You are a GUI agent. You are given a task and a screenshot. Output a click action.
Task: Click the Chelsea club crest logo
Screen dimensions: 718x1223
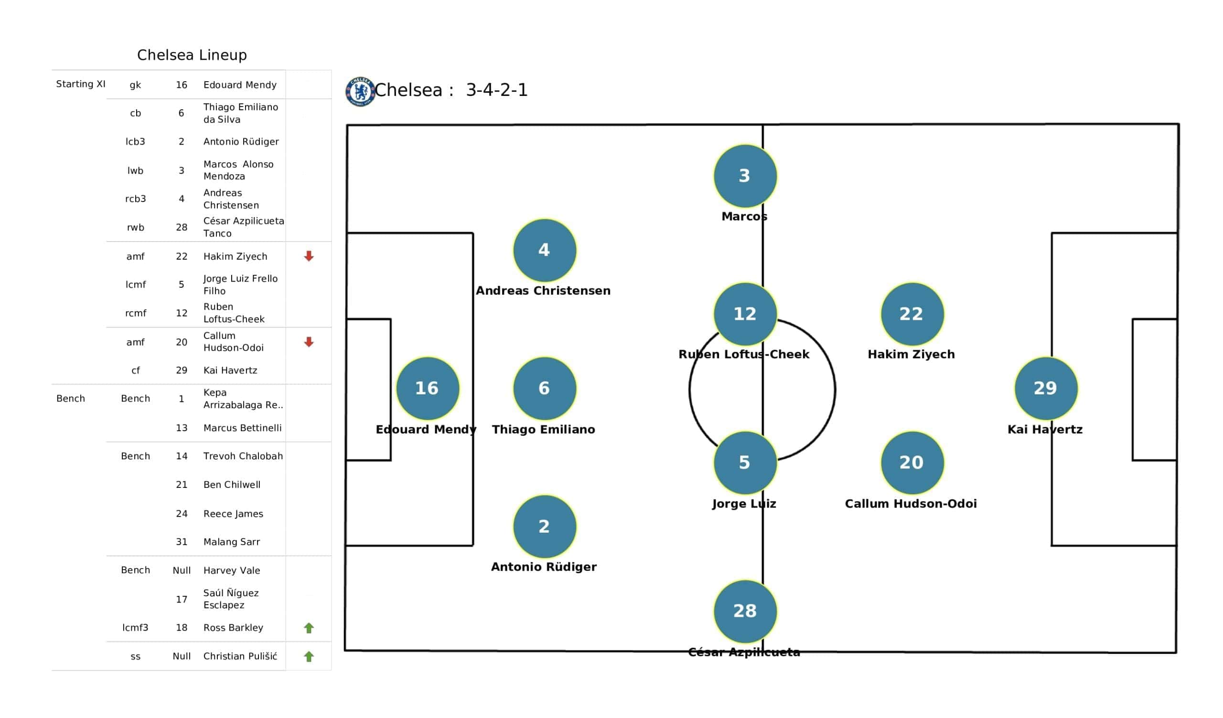[360, 91]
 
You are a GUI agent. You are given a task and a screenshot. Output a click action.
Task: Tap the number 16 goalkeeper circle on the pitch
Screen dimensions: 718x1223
[428, 388]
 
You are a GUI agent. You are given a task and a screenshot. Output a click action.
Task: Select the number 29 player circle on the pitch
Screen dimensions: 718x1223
[1046, 388]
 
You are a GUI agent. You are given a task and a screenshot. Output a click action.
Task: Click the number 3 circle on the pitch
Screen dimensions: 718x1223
[745, 176]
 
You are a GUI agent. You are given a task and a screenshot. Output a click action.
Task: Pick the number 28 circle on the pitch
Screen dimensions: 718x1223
[745, 611]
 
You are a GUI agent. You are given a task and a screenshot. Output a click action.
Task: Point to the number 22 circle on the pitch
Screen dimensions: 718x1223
[912, 314]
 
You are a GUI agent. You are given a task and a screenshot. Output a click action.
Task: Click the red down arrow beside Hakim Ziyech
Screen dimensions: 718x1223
[309, 256]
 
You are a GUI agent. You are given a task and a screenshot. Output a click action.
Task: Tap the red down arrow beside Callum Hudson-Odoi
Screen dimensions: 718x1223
[309, 342]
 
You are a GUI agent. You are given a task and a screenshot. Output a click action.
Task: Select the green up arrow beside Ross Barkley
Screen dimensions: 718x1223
[309, 628]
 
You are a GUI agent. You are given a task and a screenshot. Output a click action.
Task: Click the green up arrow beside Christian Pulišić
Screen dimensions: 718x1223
[309, 656]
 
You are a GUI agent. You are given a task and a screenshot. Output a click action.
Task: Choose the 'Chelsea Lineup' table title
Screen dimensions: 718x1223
[192, 55]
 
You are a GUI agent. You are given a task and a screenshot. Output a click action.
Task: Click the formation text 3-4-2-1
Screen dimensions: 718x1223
[496, 90]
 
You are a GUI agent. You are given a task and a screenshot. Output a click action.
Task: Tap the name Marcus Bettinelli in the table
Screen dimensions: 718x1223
[242, 428]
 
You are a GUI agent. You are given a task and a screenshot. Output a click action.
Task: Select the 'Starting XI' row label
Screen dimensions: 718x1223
[81, 84]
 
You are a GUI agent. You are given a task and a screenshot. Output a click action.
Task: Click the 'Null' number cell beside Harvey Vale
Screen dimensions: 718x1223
[182, 570]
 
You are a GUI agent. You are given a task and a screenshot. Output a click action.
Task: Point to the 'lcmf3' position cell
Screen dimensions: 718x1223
[135, 628]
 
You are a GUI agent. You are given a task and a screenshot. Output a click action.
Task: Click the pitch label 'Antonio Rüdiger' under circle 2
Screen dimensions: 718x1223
[544, 567]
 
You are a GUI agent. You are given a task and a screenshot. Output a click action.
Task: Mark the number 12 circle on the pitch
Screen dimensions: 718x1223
[745, 314]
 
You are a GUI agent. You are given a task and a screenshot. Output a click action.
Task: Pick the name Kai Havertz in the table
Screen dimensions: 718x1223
[230, 370]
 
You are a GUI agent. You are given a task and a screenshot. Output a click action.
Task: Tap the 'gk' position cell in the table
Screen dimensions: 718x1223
[135, 85]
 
